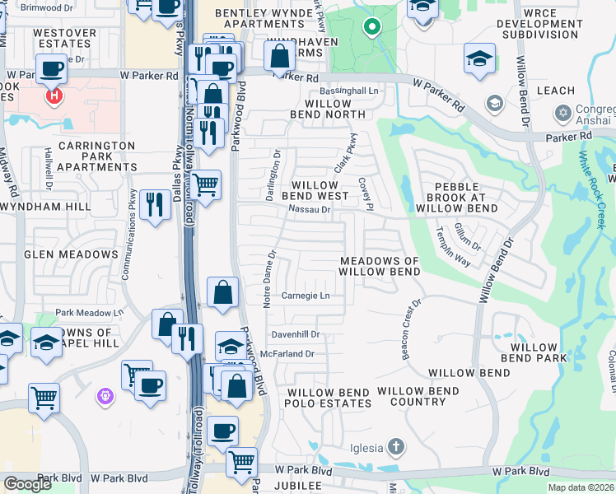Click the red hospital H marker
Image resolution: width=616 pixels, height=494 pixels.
coord(54,96)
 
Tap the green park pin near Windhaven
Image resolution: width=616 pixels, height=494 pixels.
coord(371,28)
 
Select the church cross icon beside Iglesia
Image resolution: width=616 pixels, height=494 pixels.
coord(396,448)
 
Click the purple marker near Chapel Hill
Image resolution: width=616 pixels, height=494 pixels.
coord(105,397)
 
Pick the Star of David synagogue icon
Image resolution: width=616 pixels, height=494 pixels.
coord(563,111)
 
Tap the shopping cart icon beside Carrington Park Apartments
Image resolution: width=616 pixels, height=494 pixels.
coord(206,184)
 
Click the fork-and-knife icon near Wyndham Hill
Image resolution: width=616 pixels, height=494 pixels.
coord(155,204)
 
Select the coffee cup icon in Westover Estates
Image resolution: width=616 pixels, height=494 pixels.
coord(50,69)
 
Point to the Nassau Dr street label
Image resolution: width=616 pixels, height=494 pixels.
coord(309,210)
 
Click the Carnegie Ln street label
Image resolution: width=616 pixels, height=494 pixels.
coord(306,296)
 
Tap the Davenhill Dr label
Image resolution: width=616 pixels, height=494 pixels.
coord(295,335)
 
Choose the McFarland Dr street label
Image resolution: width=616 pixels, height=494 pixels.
coord(287,353)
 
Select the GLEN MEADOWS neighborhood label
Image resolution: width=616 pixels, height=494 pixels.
coord(72,254)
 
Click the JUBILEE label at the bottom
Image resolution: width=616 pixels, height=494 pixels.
coord(298,486)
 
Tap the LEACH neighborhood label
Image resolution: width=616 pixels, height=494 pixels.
coord(556,90)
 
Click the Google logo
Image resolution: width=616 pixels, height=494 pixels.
coord(27,484)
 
